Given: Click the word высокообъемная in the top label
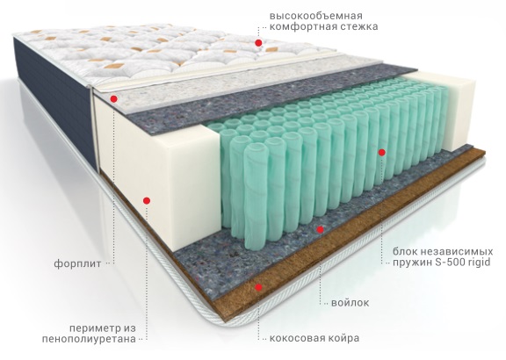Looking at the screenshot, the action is pyautogui.click(x=316, y=16).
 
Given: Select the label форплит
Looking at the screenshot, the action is pyautogui.click(x=77, y=264).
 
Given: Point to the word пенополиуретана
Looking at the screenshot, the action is pyautogui.click(x=89, y=339).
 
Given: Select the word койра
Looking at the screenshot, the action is pyautogui.click(x=344, y=338).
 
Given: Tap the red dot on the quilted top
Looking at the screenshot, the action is pyautogui.click(x=258, y=43).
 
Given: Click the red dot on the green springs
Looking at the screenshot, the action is pyautogui.click(x=382, y=152).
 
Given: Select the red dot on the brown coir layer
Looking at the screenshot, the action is pyautogui.click(x=258, y=287).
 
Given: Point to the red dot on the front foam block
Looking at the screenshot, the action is pyautogui.click(x=147, y=201).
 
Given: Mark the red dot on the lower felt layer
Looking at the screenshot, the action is pyautogui.click(x=320, y=230).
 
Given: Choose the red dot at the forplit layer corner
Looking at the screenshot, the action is pyautogui.click(x=113, y=98).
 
